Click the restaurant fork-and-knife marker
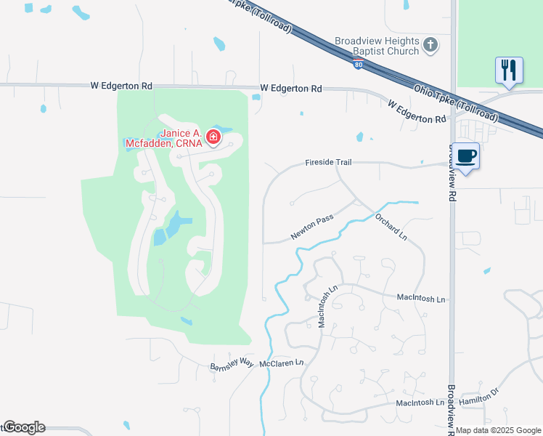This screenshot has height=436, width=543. coord(508,70)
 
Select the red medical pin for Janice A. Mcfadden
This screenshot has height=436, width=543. coord(213,137)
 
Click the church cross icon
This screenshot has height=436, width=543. coord(430,46)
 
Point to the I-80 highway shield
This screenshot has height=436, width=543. coord(359,65)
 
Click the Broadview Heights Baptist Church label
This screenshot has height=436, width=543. coord(377,46)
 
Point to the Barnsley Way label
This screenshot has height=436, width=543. coord(232,364)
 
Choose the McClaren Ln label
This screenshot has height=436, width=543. coord(281,362)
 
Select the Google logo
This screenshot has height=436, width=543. coord(24,427)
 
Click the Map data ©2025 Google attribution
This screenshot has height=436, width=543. coord(499,430)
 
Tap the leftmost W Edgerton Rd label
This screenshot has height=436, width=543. coord(121,85)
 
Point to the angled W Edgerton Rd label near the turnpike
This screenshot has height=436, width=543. coord(417,111)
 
